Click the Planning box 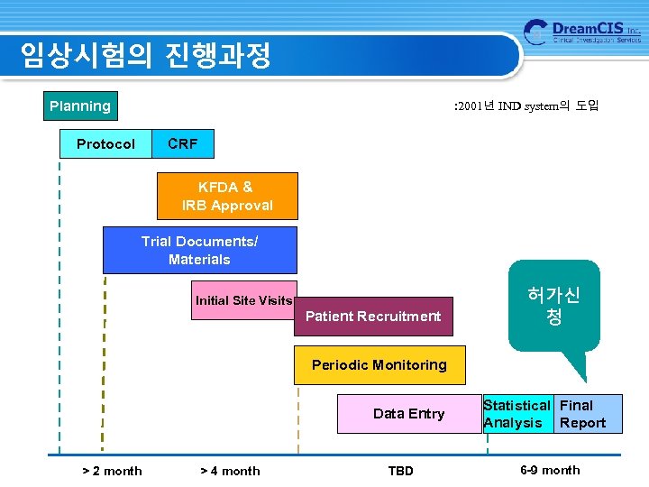pos(80,106)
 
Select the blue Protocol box pos(105,144)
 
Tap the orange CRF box pos(183,144)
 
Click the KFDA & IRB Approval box pos(227,197)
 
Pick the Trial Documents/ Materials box pos(199,251)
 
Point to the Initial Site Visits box pos(243,300)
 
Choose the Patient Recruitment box pos(373,317)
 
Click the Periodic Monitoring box pos(379,365)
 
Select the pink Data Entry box pos(408,414)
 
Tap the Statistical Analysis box pos(517,414)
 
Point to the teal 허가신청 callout pos(553,307)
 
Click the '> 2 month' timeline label pos(112,471)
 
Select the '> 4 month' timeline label pos(230,471)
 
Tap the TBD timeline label pos(400,471)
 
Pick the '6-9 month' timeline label pos(550,470)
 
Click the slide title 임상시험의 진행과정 pos(146,56)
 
